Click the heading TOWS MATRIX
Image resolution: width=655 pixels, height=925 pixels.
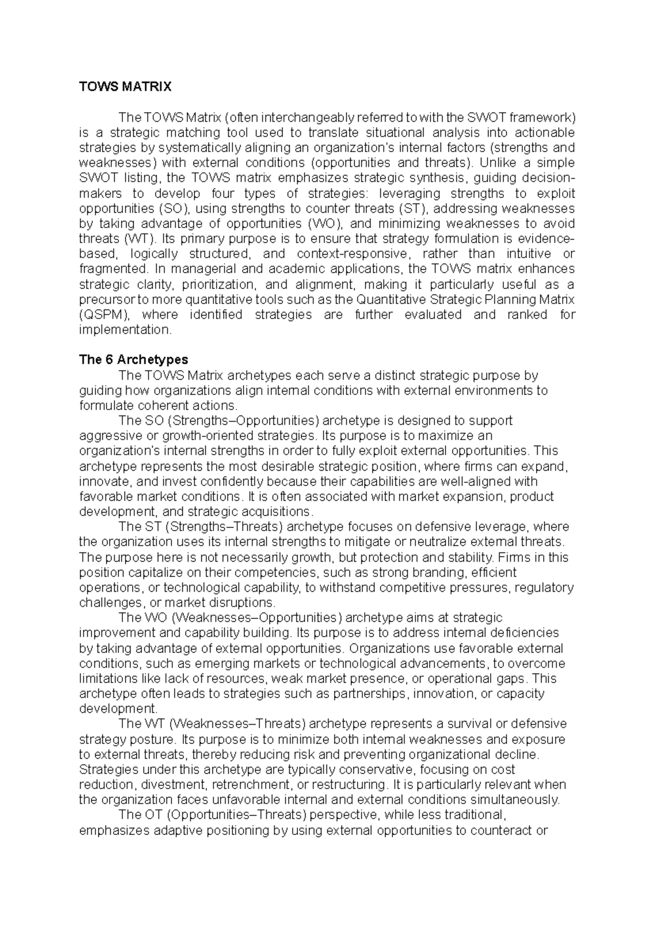126,87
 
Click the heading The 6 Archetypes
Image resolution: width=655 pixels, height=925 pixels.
133,360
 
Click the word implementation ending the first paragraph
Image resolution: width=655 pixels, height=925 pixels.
125,330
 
